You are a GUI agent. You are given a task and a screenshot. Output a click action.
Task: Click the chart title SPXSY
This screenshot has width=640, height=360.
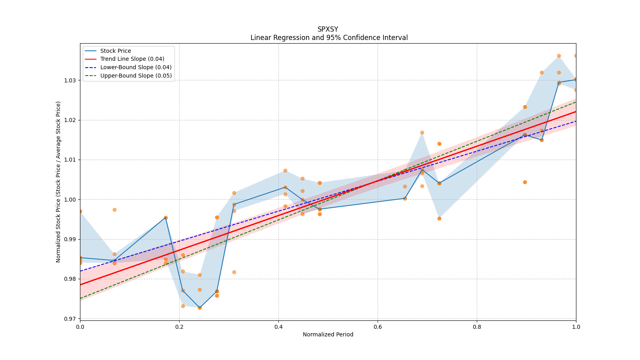point(328,29)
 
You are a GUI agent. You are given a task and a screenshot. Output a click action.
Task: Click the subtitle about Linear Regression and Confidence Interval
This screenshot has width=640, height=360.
point(329,38)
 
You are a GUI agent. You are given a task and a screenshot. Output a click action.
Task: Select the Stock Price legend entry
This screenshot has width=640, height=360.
point(116,51)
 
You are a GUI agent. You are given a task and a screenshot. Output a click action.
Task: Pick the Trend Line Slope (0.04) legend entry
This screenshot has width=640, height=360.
point(132,59)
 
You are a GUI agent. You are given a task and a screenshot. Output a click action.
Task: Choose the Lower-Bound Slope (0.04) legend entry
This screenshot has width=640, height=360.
point(136,67)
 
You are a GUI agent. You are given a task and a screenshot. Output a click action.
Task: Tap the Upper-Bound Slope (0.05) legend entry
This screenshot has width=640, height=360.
point(136,76)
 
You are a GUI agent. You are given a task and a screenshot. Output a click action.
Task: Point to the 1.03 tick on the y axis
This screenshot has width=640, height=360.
point(70,80)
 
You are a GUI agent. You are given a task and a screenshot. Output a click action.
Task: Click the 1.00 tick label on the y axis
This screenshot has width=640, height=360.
point(70,200)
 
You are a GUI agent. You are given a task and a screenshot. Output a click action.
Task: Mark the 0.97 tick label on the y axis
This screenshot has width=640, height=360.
point(70,319)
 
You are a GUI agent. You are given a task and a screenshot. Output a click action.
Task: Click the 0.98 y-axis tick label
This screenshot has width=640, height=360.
point(70,279)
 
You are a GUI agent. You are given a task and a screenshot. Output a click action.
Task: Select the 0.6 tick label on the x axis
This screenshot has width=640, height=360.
point(378,327)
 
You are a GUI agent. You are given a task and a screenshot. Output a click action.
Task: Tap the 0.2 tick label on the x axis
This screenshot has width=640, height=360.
point(179,327)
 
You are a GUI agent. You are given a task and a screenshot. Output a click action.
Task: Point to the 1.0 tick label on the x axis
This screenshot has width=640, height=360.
point(576,327)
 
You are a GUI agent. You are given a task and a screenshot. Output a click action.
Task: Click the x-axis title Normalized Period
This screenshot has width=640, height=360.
point(328,334)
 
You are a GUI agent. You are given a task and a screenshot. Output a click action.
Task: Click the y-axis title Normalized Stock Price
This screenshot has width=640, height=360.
point(58,182)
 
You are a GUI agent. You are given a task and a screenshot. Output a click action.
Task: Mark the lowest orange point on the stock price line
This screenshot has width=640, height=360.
point(200,308)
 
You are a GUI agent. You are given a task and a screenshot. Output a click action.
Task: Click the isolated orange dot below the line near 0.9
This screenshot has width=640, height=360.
point(525,182)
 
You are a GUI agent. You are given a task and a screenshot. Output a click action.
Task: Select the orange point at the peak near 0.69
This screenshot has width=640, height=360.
point(422,132)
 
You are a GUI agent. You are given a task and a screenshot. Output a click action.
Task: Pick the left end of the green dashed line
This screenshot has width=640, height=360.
point(80,298)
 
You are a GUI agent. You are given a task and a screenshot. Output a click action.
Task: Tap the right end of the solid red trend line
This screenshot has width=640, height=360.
point(576,112)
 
